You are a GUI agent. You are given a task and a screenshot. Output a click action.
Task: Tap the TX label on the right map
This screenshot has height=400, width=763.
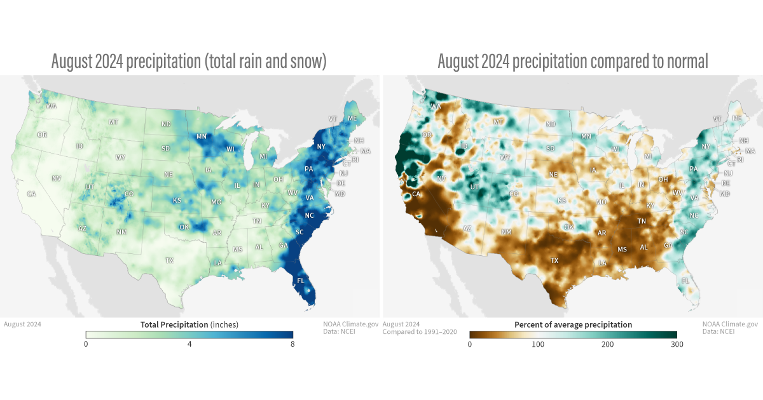[x=554, y=260]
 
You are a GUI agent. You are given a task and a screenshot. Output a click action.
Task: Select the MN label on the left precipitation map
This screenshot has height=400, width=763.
[x=202, y=137]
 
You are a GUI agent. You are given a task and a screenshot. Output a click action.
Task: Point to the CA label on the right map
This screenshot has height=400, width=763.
[x=416, y=194]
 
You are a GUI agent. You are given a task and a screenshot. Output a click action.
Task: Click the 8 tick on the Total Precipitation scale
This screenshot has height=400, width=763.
[x=292, y=343]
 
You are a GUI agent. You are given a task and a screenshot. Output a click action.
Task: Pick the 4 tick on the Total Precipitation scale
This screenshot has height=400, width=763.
[x=189, y=343]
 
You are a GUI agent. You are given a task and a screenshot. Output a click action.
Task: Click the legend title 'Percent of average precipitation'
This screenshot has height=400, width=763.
[x=573, y=324]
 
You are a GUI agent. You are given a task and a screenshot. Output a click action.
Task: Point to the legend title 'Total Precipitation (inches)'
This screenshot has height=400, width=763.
[x=189, y=324]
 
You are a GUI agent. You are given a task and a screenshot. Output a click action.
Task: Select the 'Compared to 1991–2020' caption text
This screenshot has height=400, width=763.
[x=420, y=332]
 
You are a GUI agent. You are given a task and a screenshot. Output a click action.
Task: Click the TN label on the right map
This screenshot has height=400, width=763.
[x=643, y=221]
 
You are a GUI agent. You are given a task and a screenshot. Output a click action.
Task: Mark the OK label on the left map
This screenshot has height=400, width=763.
[x=184, y=227]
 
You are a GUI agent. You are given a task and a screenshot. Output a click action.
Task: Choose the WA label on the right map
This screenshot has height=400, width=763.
[x=436, y=107]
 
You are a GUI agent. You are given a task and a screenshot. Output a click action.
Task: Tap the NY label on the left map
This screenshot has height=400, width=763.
[x=321, y=147]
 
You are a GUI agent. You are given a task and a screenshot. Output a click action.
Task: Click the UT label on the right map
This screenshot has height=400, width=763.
[x=474, y=187]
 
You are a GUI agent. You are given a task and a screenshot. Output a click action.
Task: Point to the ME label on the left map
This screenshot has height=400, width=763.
[x=352, y=118]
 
